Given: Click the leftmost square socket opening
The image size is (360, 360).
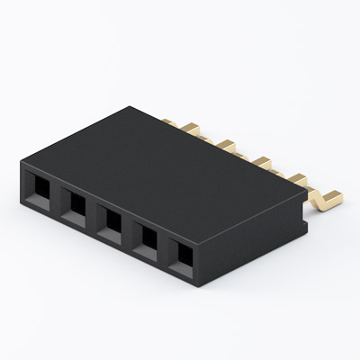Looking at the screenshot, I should (x=40, y=190).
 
